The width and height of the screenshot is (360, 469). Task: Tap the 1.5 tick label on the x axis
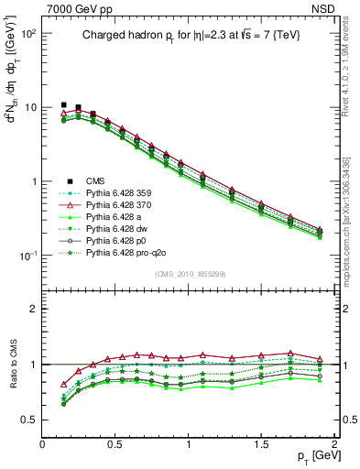262,443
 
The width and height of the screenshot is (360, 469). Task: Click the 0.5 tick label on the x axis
115,443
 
